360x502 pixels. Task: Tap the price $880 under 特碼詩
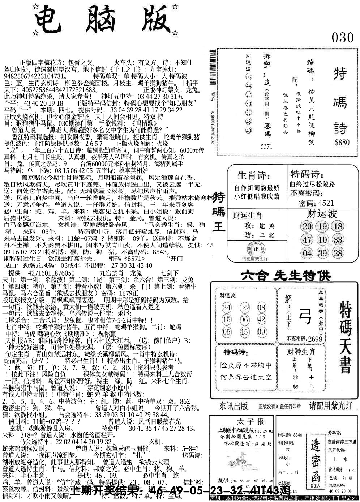(x=342, y=142)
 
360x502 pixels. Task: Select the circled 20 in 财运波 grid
(x=307, y=226)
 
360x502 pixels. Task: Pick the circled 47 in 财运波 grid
(x=307, y=240)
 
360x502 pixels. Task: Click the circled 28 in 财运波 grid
(x=338, y=253)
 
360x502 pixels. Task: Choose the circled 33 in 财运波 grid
(x=338, y=240)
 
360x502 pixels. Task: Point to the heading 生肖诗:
(x=253, y=176)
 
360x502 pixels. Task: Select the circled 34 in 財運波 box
(x=227, y=308)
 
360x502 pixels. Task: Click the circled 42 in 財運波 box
(x=261, y=319)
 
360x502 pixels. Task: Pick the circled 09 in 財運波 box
(x=261, y=332)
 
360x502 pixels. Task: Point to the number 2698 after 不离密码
(x=315, y=339)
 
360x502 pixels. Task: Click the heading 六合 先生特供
(x=285, y=277)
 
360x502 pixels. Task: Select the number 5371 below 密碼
(x=266, y=146)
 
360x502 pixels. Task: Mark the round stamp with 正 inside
(x=256, y=249)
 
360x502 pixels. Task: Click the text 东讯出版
(x=234, y=406)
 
